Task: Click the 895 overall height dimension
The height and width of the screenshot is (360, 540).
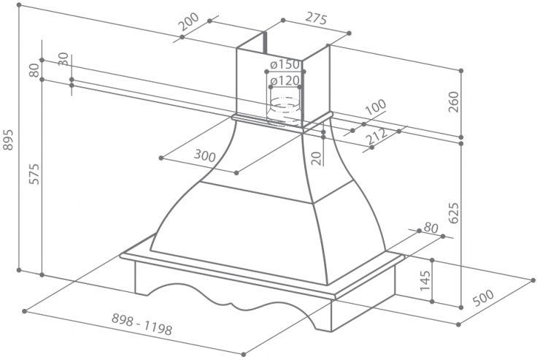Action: pos(7,140)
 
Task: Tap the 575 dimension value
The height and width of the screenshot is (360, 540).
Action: pos(34,175)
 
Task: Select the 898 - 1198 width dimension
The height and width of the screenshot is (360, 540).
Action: pos(142,324)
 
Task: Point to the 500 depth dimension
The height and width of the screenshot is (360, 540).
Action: pos(483,298)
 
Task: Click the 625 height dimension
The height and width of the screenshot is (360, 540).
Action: pos(454,213)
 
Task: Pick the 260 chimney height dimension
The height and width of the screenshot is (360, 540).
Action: pos(454,102)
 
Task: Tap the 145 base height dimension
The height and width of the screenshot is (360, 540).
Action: pos(425,280)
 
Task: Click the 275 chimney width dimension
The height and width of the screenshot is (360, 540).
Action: pos(316,18)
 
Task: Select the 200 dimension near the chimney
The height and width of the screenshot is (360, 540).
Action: pos(189,22)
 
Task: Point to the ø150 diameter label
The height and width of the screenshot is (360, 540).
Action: pos(285,64)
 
